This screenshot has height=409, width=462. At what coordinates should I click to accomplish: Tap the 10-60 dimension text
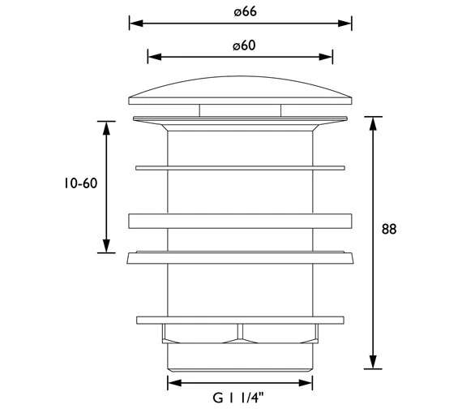pos(79,184)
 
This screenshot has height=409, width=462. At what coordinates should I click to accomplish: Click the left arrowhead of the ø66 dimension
pos(133,24)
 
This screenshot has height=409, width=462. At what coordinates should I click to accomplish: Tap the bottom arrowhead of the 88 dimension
pos(372,364)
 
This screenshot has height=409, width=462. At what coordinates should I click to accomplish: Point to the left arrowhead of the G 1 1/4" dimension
pos(172,382)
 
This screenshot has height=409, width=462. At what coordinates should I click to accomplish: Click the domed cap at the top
pos(240,91)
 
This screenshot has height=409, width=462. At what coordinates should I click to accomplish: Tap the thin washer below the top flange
pos(240,167)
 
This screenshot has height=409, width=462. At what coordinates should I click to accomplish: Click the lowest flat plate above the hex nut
pos(240,318)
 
